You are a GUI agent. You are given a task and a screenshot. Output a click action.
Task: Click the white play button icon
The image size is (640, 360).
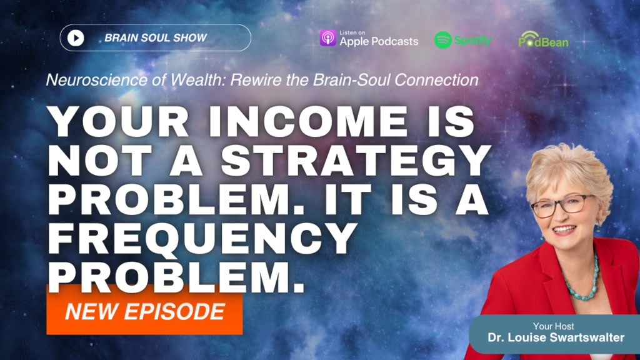pos(76,38)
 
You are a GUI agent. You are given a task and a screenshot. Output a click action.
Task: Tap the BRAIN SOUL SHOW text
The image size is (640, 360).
pos(156,38)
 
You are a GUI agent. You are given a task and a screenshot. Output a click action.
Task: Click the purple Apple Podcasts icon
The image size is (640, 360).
pos(327,38)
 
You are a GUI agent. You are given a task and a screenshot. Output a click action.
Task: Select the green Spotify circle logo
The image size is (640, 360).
pos(443,40)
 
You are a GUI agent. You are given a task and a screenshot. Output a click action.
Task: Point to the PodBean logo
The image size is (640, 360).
pos(543,39)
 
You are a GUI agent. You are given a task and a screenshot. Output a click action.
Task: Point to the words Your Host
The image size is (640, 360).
pos(554,326)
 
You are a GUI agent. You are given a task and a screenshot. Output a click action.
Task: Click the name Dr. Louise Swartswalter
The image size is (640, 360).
pos(556,337)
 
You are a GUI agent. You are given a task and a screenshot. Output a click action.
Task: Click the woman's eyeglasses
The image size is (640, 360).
pos(564,205)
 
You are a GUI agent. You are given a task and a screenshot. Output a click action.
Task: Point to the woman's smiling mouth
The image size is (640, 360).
pos(564,229)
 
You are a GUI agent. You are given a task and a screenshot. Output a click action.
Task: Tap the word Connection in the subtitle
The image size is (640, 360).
pos(436,80)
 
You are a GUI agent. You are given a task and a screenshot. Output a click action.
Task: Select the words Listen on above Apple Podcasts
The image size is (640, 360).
pos(352,32)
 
